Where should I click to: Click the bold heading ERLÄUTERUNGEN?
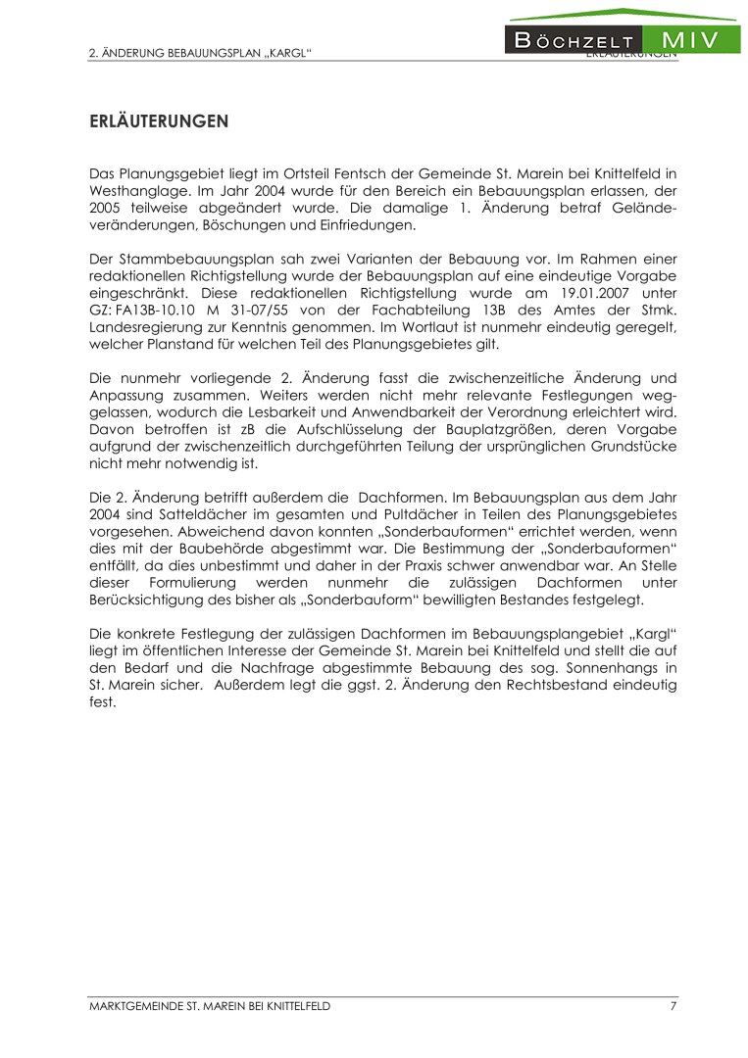click(159, 121)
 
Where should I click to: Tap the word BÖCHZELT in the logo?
click(573, 41)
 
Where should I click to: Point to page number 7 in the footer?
click(673, 1006)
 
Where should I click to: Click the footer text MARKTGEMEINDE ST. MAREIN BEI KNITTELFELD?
click(210, 1006)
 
